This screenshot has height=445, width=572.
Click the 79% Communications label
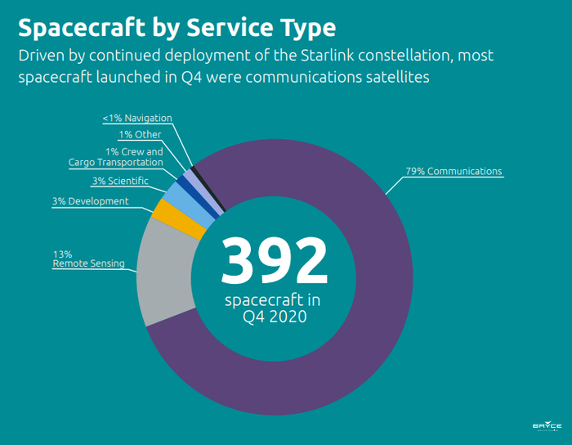454,172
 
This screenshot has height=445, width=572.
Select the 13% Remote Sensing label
89,258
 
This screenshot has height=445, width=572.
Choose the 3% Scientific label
119,180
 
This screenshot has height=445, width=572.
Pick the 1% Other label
140,134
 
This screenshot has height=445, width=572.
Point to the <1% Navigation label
136,119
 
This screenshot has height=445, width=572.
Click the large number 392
274,260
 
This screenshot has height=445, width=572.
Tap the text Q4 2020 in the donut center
275,317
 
